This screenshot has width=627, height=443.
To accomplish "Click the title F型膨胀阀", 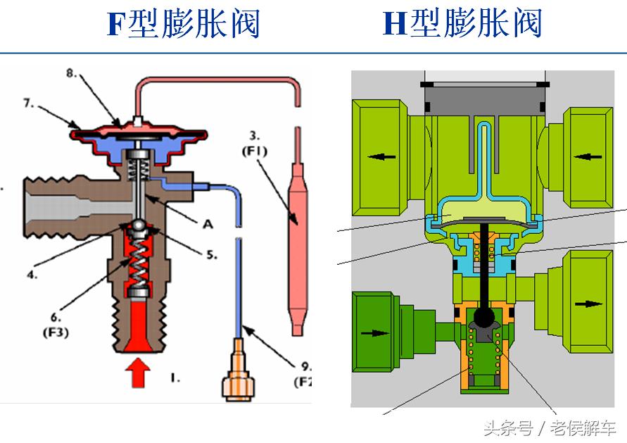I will (184, 24).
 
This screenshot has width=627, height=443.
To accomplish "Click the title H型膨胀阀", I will (462, 24).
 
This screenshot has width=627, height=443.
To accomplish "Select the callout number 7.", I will (29, 103).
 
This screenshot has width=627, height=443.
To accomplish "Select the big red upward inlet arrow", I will (138, 371).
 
